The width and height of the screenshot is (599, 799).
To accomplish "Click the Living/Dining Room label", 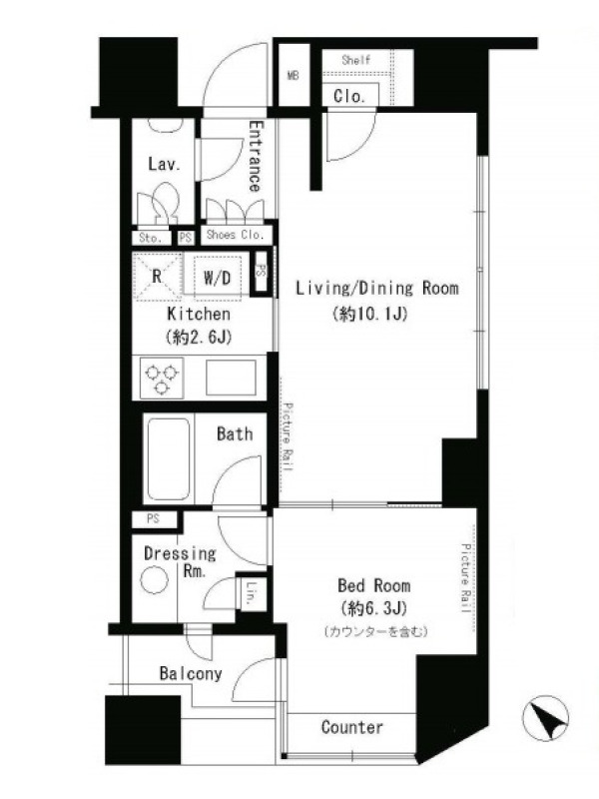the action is tap(377, 289).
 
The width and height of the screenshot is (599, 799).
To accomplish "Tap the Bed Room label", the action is tap(373, 585).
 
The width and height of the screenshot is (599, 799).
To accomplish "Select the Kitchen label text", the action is tap(199, 314).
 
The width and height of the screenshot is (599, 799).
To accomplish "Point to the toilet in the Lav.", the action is tap(162, 204).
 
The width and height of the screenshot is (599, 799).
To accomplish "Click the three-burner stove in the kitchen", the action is tap(163, 378).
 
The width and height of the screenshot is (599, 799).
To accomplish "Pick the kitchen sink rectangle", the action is tap(231, 378).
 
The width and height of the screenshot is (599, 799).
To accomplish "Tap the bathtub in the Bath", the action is tap(169, 459).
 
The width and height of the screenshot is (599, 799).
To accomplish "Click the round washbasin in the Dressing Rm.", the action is tap(155, 581).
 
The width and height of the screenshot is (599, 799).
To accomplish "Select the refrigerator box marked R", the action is tap(158, 277).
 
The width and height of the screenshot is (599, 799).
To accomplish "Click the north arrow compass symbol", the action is tap(545, 718).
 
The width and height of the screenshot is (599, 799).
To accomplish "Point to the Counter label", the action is tap(352, 727).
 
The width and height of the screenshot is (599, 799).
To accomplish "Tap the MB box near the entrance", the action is tap(294, 76).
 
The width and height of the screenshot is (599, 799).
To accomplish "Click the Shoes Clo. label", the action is tap(236, 235).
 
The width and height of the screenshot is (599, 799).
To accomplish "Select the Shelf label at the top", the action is tap(356, 60).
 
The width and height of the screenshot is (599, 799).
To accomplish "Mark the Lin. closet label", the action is tap(251, 593).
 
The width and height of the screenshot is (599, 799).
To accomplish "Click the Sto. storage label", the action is tap(151, 238).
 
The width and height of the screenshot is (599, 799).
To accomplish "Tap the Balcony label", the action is tap(191, 673).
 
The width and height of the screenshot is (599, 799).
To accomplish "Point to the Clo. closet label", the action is tap(349, 96).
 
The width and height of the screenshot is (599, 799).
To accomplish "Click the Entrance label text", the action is tap(256, 156).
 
